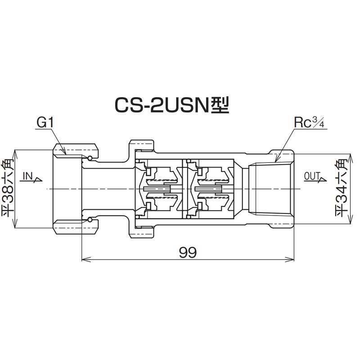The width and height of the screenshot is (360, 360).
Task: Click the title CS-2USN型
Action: click(x=171, y=105)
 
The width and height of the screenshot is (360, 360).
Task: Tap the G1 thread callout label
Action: click(x=45, y=122)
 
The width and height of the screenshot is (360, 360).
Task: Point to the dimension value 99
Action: click(x=188, y=252)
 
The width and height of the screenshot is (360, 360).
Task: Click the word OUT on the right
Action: click(x=311, y=176)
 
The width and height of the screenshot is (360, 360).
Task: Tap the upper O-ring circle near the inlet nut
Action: click(x=90, y=157)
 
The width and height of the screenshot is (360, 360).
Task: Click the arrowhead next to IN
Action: click(x=38, y=180)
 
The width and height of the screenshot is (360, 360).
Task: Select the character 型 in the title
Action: click(x=220, y=105)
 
